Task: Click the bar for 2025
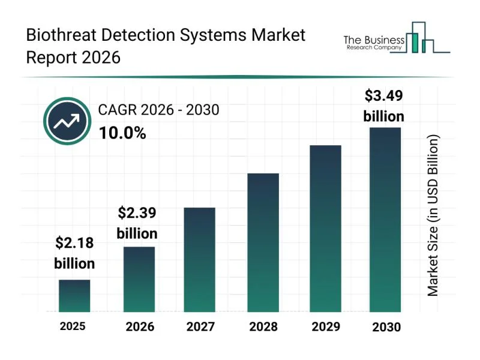click(74, 296)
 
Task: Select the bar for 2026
click(139, 279)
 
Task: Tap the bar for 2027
click(199, 259)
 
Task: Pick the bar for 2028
click(263, 242)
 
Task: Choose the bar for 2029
click(325, 228)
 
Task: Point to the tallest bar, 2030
click(385, 220)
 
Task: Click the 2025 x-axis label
click(73, 326)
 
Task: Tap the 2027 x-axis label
click(200, 327)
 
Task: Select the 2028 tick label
click(263, 327)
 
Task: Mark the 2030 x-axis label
click(386, 327)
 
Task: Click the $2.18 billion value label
click(74, 253)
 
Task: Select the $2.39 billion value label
click(137, 223)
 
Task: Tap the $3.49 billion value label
click(384, 106)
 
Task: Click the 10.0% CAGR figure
click(122, 134)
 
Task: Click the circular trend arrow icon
click(67, 121)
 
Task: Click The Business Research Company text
click(373, 42)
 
